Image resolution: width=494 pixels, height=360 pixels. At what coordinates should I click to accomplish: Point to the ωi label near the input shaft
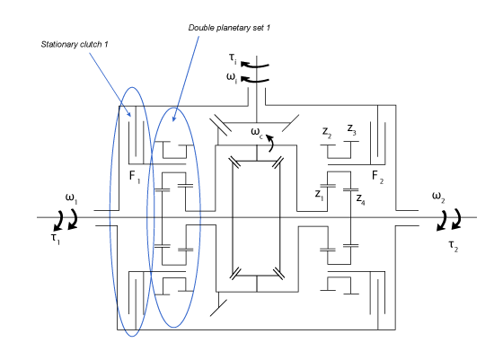tap(232, 78)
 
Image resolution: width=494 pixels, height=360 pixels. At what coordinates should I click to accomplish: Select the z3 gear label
tap(352, 131)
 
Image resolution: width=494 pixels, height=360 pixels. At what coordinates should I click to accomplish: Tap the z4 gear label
tap(359, 198)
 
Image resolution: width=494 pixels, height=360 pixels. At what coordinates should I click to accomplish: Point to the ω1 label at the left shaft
tap(72, 197)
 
